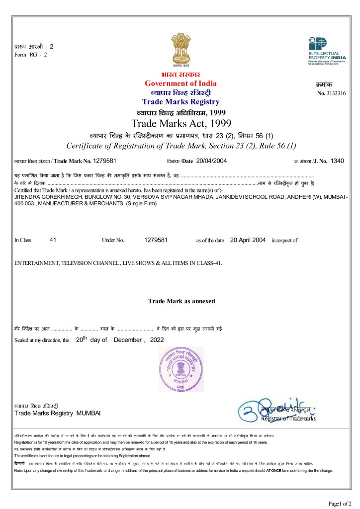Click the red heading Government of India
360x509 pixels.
[x=180, y=83]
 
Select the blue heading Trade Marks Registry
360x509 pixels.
[x=180, y=102]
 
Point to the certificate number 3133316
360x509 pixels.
[x=336, y=93]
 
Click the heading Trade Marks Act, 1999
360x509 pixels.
[x=180, y=123]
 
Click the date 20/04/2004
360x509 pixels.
[x=211, y=161]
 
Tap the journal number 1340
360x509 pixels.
[x=337, y=161]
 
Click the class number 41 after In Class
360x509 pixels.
[x=53, y=240]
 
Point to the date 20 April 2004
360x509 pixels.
[x=248, y=240]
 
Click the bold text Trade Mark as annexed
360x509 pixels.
[x=181, y=301]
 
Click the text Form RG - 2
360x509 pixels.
[x=30, y=54]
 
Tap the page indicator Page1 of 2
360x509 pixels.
[x=341, y=503]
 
